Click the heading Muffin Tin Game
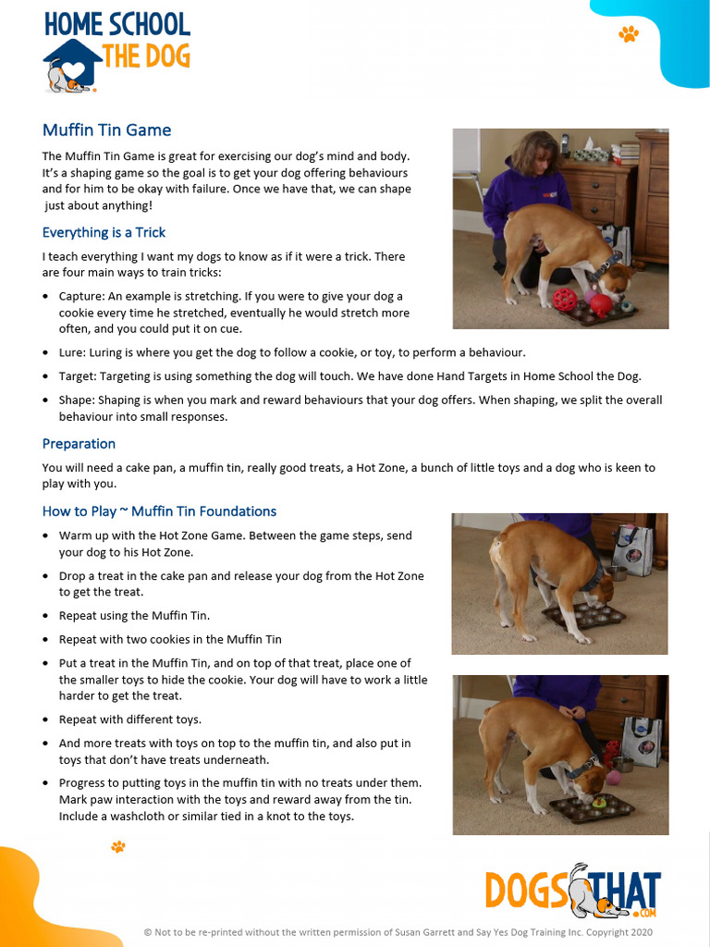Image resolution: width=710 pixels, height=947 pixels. click(106, 130)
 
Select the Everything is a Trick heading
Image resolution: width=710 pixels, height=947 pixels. click(104, 232)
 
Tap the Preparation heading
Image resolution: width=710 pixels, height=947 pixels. click(79, 444)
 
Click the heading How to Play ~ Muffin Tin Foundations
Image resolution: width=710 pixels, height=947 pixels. click(159, 511)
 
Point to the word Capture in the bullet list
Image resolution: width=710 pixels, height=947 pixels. click(80, 297)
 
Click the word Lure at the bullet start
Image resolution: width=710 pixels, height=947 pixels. click(71, 353)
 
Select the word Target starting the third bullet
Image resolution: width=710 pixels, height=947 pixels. click(77, 376)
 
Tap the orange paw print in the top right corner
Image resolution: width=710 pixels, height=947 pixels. click(629, 34)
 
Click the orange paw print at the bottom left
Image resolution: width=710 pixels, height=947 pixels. click(117, 846)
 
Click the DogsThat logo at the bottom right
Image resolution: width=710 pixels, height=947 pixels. click(573, 891)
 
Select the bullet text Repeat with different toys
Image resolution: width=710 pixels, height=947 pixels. click(129, 719)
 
